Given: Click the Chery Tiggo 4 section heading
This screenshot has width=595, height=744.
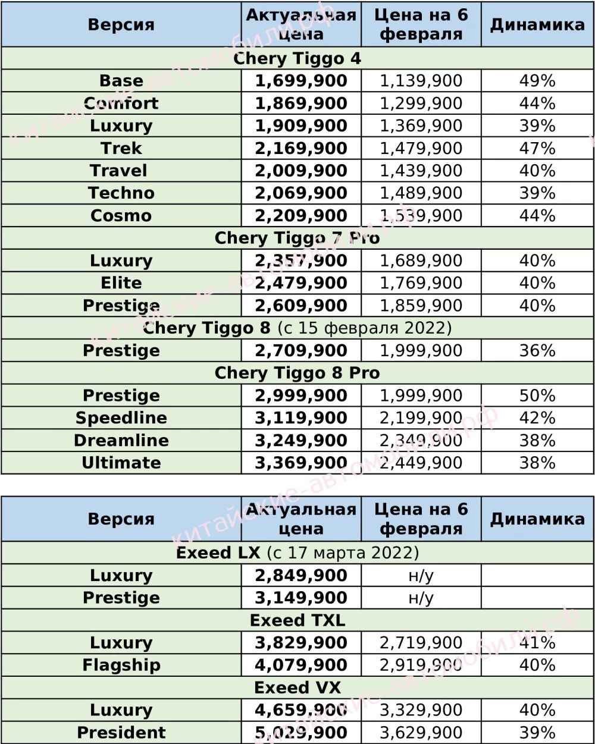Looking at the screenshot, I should pyautogui.click(x=297, y=58).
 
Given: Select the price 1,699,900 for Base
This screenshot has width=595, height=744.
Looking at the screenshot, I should pyautogui.click(x=301, y=81).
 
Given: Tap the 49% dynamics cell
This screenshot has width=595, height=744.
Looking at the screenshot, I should pyautogui.click(x=537, y=81).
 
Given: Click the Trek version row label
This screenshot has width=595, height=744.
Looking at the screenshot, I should pyautogui.click(x=121, y=148).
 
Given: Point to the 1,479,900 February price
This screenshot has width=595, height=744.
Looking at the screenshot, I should pyautogui.click(x=421, y=148).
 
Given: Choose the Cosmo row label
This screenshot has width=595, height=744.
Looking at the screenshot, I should pyautogui.click(x=121, y=215).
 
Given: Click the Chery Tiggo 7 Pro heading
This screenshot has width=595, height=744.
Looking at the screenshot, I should pyautogui.click(x=297, y=238).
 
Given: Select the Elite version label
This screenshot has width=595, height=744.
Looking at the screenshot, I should pyautogui.click(x=121, y=283).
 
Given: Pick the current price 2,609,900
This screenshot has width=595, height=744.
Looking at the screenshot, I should pyautogui.click(x=301, y=306).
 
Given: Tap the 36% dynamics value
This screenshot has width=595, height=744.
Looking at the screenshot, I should pyautogui.click(x=537, y=350).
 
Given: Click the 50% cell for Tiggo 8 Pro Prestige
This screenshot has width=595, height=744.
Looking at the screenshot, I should pyautogui.click(x=537, y=395).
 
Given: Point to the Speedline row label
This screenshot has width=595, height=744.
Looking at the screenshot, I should pyautogui.click(x=121, y=418).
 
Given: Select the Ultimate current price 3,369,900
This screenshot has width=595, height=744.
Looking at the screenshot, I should pyautogui.click(x=301, y=463).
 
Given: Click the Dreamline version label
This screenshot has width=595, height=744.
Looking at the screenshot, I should pyautogui.click(x=121, y=441).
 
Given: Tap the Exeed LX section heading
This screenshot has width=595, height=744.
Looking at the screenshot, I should pyautogui.click(x=297, y=553).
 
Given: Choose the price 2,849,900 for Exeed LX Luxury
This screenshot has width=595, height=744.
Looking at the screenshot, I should pyautogui.click(x=301, y=576).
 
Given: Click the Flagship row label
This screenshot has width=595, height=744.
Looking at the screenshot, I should pyautogui.click(x=121, y=665).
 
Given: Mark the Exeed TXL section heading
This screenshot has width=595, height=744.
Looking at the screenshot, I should pyautogui.click(x=297, y=620).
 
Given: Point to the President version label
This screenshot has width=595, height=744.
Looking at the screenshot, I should pyautogui.click(x=121, y=732).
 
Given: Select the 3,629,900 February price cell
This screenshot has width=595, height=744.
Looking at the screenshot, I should pyautogui.click(x=421, y=732).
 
